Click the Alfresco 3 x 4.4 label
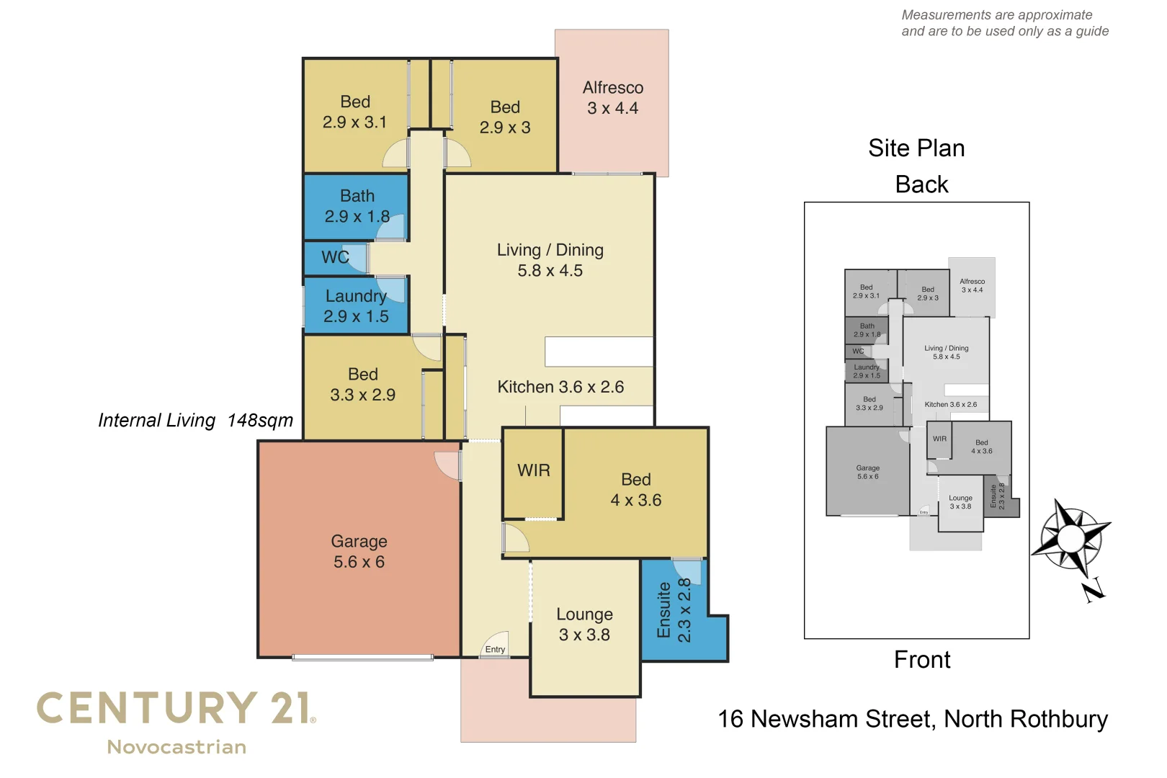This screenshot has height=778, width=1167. pos(612,98)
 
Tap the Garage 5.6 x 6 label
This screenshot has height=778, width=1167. pos(359,551)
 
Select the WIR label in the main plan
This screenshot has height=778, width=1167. pos(533,470)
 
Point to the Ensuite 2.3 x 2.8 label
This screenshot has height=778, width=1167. pos(674,610)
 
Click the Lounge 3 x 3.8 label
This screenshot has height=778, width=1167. pos(584,625)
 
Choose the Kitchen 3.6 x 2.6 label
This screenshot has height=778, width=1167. pos(560,387)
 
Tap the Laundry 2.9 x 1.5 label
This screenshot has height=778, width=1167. pos(356,306)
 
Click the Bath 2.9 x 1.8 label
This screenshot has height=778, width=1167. pos(357,206)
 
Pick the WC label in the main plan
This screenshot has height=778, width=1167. pos(335,257)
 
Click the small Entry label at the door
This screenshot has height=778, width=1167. pos(495,650)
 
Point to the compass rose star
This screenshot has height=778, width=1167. pos(1071,537)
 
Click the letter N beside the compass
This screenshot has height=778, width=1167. pos(1094,591)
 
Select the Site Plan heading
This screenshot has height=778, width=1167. pos(916,148)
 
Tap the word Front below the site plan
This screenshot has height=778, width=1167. pos(922,660)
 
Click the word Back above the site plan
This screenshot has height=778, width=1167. pos(921,184)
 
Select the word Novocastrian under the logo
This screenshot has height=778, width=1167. pos(176,747)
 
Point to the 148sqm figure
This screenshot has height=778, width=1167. pos(260,421)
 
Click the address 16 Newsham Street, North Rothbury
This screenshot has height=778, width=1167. pos(913,719)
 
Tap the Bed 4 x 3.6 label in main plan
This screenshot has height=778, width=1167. pos(635,490)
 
